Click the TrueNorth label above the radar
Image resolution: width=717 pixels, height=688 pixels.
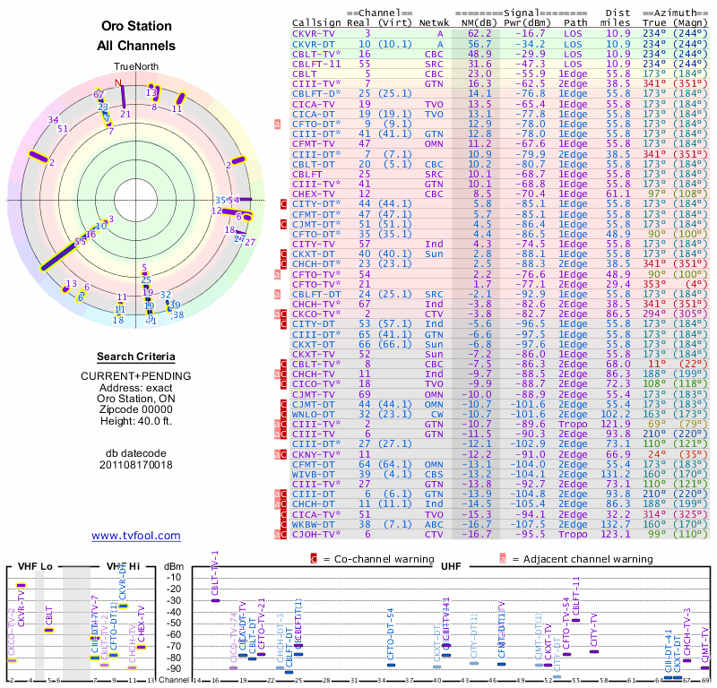136,67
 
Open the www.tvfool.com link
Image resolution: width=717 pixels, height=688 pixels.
136,536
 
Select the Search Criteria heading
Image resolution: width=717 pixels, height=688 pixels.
136,357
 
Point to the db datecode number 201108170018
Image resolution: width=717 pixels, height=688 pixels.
136,465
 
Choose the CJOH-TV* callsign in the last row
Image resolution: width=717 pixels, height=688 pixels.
316,535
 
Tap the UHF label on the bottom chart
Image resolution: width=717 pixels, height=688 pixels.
451,566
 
